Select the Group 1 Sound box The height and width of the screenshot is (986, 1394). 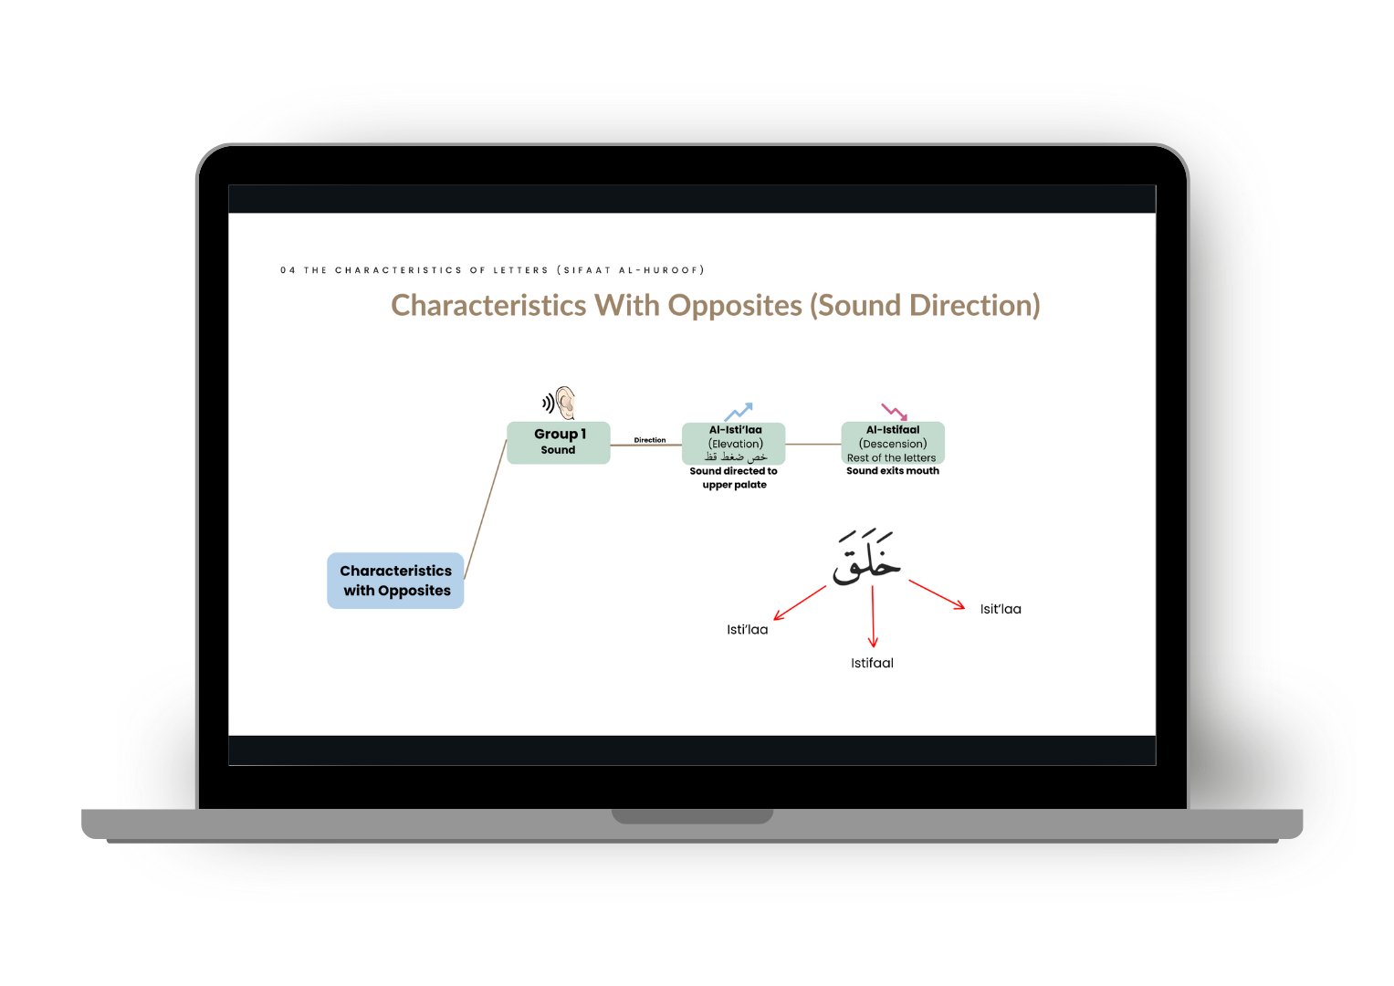pos(558,442)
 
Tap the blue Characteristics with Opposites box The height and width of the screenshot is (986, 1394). pos(395,581)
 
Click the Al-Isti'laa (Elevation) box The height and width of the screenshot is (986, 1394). pos(734,443)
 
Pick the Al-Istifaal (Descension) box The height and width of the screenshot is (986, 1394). pos(893,443)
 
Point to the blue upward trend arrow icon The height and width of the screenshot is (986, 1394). pos(738,411)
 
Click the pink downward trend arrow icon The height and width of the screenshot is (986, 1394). pos(894,412)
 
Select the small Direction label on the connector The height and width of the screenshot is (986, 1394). pos(650,440)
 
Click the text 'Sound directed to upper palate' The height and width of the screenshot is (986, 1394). pos(734,477)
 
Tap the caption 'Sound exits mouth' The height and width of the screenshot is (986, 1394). pos(893,471)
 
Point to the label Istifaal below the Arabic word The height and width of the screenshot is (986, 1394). pos(872,664)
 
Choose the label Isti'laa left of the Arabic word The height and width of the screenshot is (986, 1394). pos(747,630)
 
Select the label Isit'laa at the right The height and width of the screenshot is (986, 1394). pos(1001,609)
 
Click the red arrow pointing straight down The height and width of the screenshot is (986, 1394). pos(873,617)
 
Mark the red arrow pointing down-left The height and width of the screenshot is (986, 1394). pos(800,603)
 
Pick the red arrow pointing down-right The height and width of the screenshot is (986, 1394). pos(937,594)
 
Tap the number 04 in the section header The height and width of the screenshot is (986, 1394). pos(288,270)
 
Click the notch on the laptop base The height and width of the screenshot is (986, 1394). pos(692,815)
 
